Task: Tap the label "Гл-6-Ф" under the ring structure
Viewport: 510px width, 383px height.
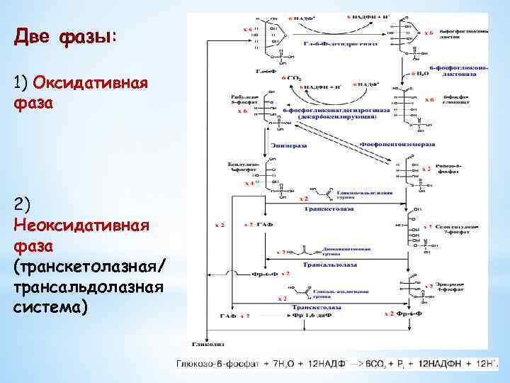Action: click(266, 71)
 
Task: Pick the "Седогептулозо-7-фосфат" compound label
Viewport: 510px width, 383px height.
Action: click(460, 229)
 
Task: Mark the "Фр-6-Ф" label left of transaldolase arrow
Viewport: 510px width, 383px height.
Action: click(267, 273)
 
